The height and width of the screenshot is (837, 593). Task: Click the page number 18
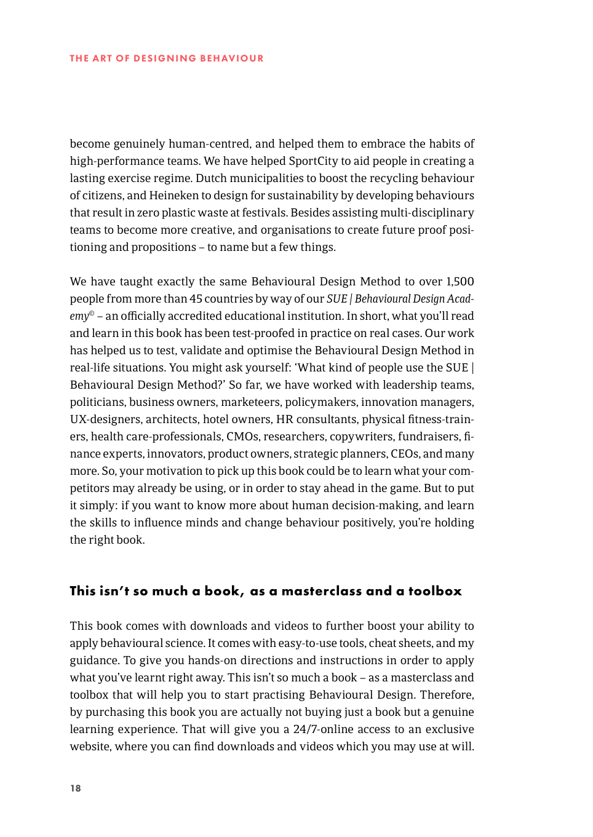pos(75,788)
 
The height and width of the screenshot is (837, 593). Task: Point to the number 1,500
pos(460,282)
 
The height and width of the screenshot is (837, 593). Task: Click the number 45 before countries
pos(196,299)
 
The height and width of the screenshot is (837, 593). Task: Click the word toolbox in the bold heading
pos(434,591)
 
